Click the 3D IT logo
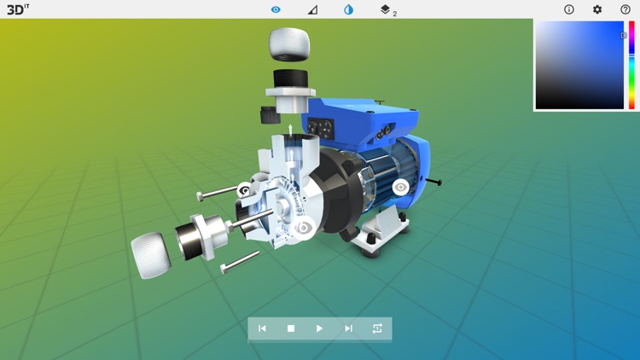pos(18,9)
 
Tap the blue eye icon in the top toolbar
pos(276,9)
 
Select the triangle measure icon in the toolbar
pos(312,9)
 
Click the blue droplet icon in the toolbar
pos(348,9)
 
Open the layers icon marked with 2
pos(386,9)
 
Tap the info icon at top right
pos(569,9)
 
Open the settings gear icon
pos(597,9)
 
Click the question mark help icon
pos(625,9)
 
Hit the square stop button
pos(291,328)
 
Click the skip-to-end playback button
pos(348,328)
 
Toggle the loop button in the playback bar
pos(377,328)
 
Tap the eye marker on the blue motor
pos(400,188)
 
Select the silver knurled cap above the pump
pos(289,44)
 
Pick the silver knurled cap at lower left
pos(151,255)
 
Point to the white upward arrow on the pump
pos(290,131)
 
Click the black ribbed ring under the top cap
pos(290,78)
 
